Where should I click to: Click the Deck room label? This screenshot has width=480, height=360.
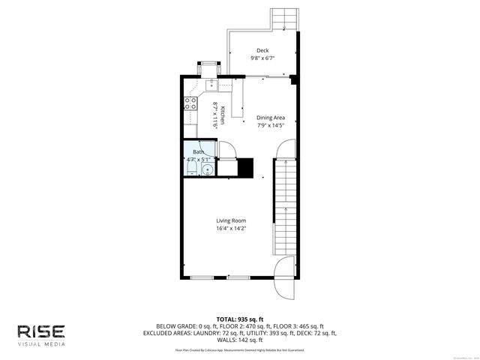(x=262, y=51)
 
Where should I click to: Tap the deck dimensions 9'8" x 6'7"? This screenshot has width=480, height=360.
(x=262, y=59)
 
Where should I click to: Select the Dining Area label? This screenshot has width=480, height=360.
(x=271, y=118)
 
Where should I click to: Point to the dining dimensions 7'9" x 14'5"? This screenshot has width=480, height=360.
(x=271, y=126)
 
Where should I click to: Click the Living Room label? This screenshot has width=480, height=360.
(x=231, y=220)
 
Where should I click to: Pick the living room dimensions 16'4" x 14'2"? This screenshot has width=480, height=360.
(x=231, y=229)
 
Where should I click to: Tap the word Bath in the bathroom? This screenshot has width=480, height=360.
(x=198, y=152)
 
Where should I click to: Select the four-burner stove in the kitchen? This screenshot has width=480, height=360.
(x=190, y=103)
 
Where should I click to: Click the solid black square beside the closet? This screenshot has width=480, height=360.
(x=245, y=167)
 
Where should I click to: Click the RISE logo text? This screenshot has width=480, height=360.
(x=42, y=331)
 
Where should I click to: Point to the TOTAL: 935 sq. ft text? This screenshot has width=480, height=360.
(x=240, y=319)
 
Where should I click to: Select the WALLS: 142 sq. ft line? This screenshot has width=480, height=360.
(x=240, y=340)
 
